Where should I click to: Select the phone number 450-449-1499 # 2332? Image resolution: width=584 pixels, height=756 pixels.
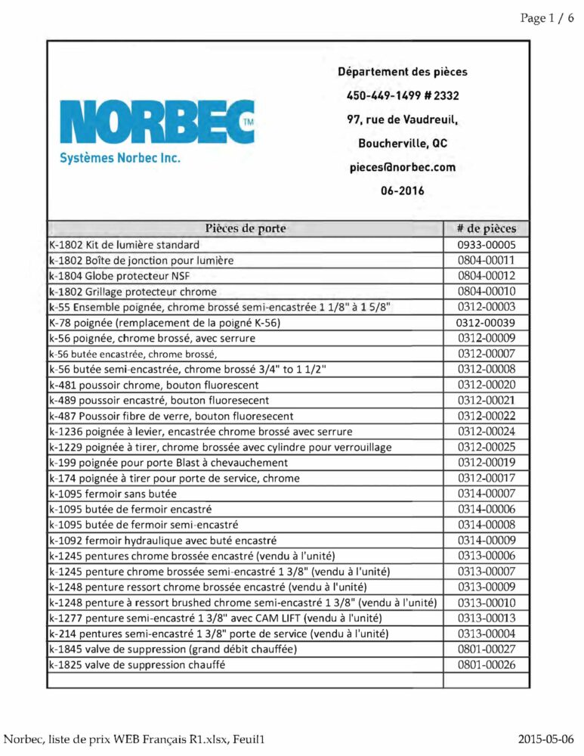click(x=402, y=96)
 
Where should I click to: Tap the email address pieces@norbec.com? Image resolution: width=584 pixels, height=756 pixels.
click(x=402, y=167)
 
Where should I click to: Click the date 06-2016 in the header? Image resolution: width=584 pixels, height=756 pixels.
click(x=402, y=191)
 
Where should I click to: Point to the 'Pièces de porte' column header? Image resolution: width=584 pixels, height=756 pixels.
click(x=245, y=228)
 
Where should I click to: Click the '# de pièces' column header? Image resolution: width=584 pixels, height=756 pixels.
click(x=487, y=228)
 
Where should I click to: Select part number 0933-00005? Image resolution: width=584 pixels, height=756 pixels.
click(x=487, y=245)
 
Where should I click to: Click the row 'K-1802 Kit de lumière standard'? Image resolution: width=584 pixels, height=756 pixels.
click(x=124, y=245)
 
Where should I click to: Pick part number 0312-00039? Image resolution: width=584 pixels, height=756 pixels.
click(x=487, y=323)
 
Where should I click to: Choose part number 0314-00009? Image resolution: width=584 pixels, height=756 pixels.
click(x=487, y=540)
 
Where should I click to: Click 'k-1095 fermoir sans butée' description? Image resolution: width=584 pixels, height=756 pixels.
click(x=113, y=494)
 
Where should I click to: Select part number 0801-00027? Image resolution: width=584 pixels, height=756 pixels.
click(x=487, y=649)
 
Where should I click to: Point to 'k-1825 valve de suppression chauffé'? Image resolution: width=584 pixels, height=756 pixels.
click(x=138, y=665)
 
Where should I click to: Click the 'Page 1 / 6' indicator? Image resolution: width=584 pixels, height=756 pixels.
click(x=546, y=19)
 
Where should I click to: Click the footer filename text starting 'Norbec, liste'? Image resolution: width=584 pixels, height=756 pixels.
click(x=138, y=739)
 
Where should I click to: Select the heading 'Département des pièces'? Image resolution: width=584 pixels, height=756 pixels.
click(x=402, y=73)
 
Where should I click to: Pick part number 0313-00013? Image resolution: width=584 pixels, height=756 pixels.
click(x=487, y=618)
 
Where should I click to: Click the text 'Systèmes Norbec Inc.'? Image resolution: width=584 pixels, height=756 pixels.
click(x=120, y=160)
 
